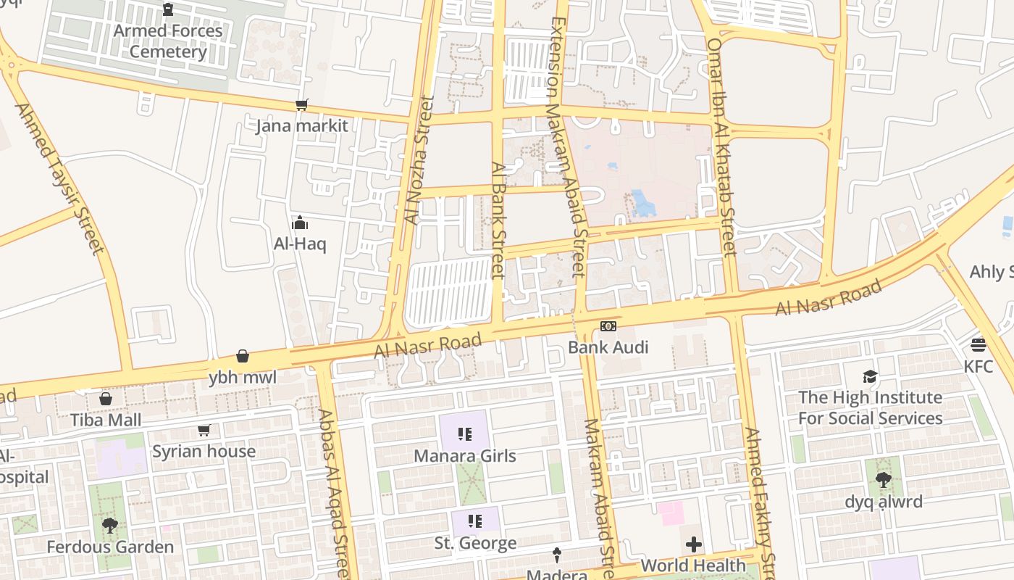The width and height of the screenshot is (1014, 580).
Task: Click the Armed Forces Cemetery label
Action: click(x=168, y=41)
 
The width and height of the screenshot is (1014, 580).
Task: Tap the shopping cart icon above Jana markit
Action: click(x=302, y=105)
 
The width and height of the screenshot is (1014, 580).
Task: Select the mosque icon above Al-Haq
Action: click(x=300, y=223)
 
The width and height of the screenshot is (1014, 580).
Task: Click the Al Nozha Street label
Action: click(x=419, y=159)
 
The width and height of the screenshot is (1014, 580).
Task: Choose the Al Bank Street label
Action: click(x=498, y=220)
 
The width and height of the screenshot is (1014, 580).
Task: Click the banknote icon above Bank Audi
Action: click(x=608, y=327)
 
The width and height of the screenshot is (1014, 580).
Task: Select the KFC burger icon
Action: click(x=979, y=345)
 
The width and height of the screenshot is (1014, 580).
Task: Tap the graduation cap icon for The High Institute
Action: click(x=870, y=376)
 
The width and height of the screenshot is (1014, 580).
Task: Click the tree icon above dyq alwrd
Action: click(x=883, y=480)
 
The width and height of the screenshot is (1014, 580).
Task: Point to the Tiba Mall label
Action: click(x=106, y=420)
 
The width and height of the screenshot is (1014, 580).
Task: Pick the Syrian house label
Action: click(x=204, y=451)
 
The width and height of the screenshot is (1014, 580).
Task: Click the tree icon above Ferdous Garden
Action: click(x=109, y=525)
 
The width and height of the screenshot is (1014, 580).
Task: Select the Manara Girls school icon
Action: click(x=464, y=435)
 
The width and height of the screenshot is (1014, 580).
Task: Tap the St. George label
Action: click(x=475, y=543)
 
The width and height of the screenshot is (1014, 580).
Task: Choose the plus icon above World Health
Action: click(x=694, y=544)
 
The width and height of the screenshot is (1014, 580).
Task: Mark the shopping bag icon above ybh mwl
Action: click(x=243, y=356)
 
